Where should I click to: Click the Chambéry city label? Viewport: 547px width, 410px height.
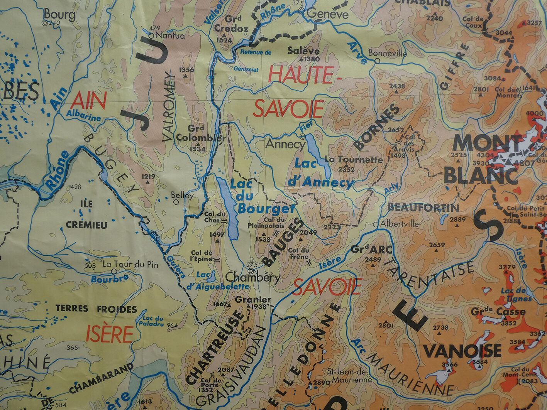253,277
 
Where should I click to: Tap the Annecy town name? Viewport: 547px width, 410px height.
285,144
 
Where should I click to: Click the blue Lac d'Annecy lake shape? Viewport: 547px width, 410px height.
317,154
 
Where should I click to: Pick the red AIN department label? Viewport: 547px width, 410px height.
88,101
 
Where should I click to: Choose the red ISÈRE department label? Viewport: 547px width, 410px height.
109,334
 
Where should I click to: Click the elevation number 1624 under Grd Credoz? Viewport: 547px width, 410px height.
224,40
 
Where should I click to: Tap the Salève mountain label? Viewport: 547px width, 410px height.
303,51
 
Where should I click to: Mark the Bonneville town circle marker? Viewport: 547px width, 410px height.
377,61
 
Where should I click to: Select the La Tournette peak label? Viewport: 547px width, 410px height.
353,159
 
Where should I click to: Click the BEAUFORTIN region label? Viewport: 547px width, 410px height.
423,208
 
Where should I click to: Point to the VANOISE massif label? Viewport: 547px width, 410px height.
462,351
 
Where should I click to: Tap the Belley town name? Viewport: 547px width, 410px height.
182,195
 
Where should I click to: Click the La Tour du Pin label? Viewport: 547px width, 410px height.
130,265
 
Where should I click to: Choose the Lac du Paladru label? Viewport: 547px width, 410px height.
153,321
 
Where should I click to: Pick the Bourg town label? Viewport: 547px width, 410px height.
59,15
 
